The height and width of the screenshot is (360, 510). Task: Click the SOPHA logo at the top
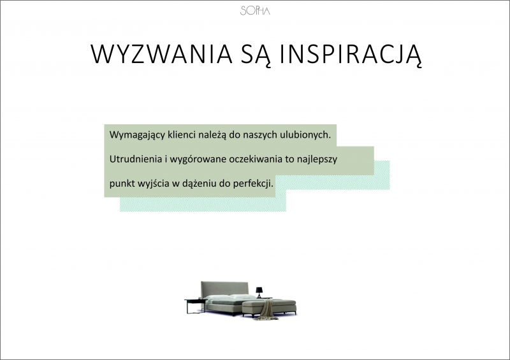pos(255,11)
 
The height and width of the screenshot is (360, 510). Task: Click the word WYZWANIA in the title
pos(162,54)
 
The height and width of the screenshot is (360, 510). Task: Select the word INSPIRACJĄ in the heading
pos(351,55)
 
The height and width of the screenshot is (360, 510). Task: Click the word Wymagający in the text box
pos(137,135)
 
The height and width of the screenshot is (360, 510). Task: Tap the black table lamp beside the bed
pos(259,292)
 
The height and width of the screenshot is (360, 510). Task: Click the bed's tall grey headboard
pos(224,288)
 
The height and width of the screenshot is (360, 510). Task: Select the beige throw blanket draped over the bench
pos(266,310)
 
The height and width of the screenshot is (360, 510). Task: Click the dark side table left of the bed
pos(194,306)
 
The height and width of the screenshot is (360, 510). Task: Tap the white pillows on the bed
pos(232,297)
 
